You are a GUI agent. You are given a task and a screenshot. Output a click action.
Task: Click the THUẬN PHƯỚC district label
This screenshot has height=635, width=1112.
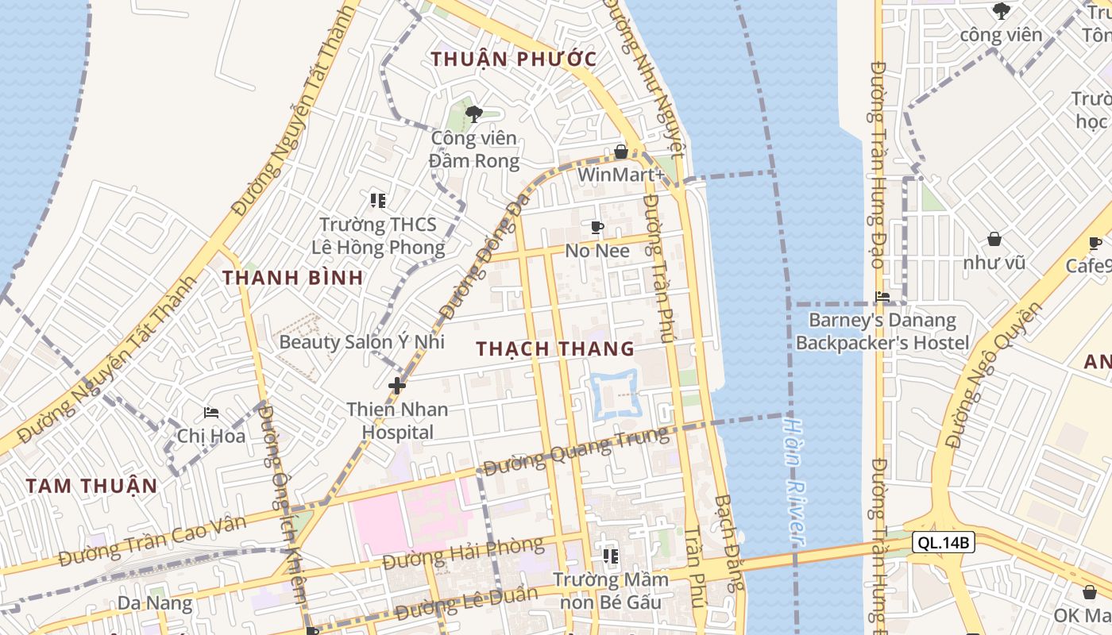click(x=513, y=59)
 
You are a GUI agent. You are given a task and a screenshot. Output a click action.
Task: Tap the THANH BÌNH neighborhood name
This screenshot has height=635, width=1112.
click(x=292, y=278)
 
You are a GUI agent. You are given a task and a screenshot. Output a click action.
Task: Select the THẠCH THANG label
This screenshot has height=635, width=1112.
click(x=555, y=348)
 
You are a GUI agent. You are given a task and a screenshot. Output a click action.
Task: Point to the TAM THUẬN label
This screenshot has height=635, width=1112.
click(x=91, y=486)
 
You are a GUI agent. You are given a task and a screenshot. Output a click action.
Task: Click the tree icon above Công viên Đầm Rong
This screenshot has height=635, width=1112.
click(x=474, y=114)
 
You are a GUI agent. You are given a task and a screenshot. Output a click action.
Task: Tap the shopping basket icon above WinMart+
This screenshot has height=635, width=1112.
click(x=621, y=151)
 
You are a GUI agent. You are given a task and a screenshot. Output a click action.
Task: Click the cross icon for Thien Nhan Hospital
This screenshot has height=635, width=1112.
click(x=397, y=387)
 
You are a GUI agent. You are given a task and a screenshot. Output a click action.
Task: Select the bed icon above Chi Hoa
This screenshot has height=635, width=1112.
click(x=211, y=413)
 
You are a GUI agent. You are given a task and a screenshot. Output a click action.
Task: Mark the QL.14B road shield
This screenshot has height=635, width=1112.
click(x=943, y=543)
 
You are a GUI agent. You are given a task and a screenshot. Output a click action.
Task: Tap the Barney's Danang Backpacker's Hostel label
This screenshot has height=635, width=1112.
click(x=882, y=332)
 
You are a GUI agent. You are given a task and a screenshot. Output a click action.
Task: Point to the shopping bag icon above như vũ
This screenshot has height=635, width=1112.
click(x=994, y=239)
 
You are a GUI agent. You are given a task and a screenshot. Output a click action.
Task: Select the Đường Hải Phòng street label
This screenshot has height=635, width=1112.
click(x=463, y=552)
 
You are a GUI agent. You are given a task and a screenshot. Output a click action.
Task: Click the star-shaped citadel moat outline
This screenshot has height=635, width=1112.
click(x=614, y=393)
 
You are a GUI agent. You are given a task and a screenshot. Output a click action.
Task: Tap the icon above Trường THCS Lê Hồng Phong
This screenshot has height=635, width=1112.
click(x=378, y=200)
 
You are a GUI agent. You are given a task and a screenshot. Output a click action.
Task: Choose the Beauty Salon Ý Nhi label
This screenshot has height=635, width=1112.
click(x=361, y=342)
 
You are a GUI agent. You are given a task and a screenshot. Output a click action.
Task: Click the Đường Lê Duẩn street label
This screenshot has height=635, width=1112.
click(x=461, y=605)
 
